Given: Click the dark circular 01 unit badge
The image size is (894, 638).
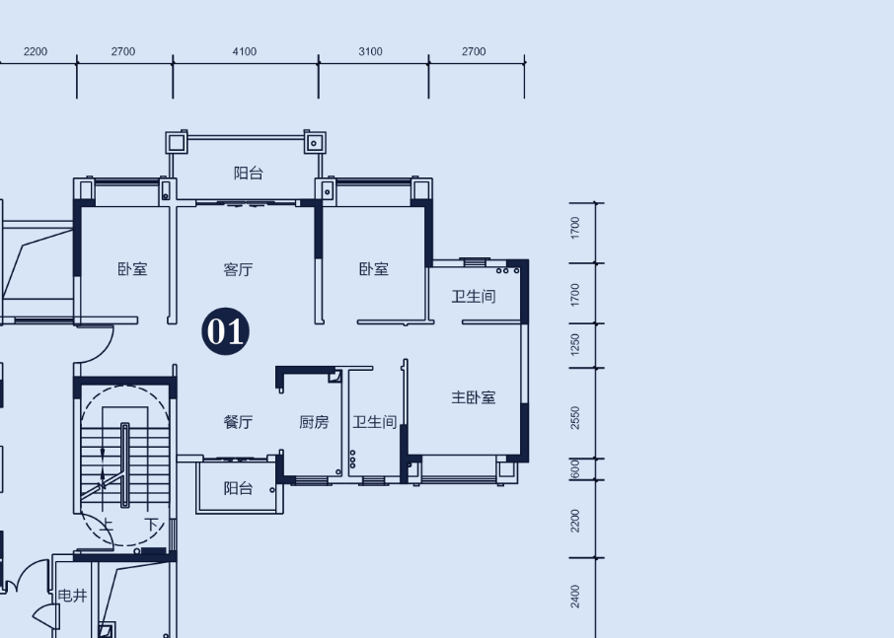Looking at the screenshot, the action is (225, 331).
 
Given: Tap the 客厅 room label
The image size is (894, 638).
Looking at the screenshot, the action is (238, 269).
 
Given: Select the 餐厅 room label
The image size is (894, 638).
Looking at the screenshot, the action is (238, 422).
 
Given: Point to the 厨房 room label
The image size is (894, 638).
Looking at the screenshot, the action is (314, 422).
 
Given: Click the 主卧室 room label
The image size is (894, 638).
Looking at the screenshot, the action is (474, 397).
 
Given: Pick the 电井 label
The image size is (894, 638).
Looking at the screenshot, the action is (72, 596).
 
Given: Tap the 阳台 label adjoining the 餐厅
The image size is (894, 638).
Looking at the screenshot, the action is (238, 488).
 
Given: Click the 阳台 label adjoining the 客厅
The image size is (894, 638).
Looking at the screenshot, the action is (248, 174).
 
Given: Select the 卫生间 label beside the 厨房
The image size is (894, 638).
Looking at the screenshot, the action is (375, 422).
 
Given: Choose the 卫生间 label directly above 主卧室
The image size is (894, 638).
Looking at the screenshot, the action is (474, 296).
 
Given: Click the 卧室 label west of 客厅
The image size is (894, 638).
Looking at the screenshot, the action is (132, 269).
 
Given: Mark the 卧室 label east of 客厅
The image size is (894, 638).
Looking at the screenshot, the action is (373, 269).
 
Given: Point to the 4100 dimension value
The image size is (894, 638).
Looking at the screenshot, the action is (244, 52).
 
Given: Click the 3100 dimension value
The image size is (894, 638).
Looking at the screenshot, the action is (370, 52).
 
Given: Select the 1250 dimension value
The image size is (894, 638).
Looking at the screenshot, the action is (574, 345).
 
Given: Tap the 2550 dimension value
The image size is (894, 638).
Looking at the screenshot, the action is (574, 417).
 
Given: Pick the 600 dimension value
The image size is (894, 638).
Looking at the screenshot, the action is (574, 468).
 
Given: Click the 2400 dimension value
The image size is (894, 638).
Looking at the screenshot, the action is (574, 597).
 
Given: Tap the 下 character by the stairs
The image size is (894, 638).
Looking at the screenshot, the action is (151, 524).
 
